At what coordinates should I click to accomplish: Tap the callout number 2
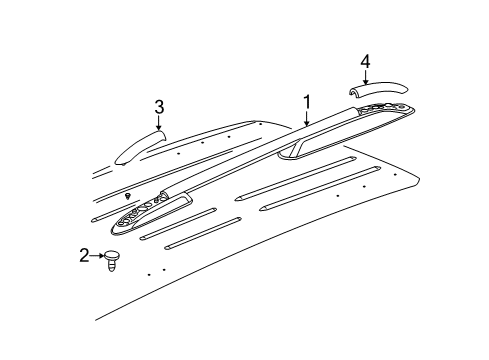[x=85, y=257]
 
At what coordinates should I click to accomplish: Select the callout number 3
[x=159, y=107]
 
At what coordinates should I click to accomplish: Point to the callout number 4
[x=366, y=63]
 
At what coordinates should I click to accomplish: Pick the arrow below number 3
[x=158, y=124]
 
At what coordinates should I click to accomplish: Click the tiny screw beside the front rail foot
[x=128, y=194]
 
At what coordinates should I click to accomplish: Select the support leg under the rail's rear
[x=293, y=150]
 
